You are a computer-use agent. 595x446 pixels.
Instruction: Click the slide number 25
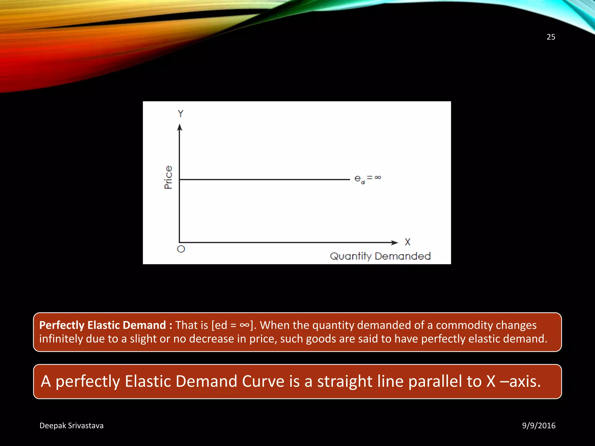551,37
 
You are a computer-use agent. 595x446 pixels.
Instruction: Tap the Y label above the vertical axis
181,114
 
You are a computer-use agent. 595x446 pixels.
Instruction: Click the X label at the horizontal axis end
408,242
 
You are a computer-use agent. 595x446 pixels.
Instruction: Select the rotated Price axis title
168,177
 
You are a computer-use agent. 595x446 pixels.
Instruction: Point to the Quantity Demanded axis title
380,256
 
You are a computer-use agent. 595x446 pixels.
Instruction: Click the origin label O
181,249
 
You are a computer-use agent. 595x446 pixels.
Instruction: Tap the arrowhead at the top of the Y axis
180,127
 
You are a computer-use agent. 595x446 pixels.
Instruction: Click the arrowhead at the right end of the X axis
394,242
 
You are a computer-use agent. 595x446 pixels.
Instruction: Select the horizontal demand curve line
264,179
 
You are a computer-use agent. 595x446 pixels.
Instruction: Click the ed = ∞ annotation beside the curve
368,179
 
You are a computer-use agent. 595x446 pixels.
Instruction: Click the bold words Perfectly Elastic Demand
103,325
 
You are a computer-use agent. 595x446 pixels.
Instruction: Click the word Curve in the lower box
263,381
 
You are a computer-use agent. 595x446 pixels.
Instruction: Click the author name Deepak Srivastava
71,426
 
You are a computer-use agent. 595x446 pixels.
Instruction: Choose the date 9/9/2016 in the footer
539,426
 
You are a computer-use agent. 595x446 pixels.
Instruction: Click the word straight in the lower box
345,381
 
